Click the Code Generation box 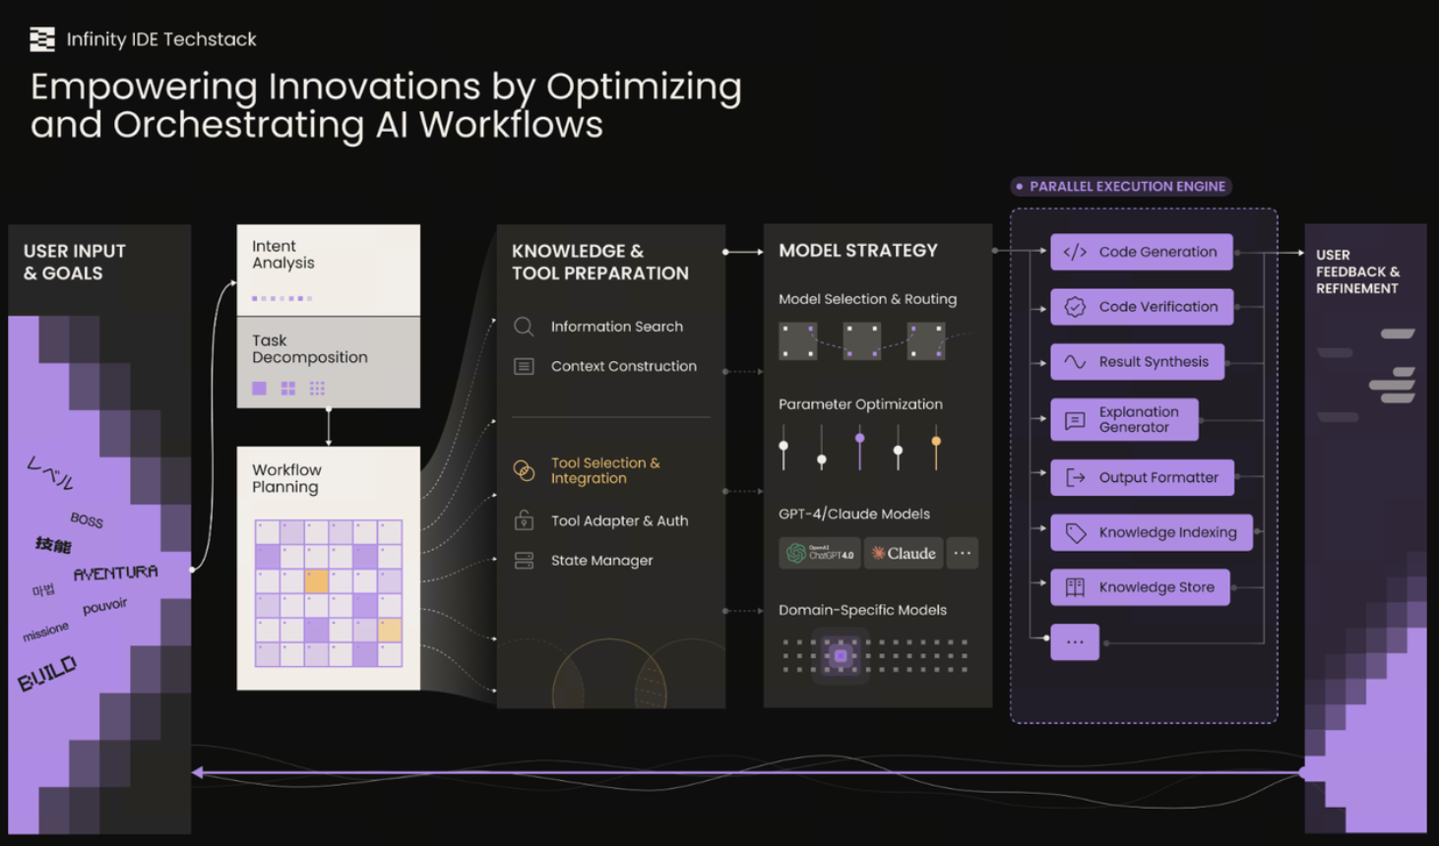tap(1142, 252)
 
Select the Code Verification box tap(1142, 307)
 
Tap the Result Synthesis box tap(1137, 361)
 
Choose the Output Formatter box tap(1142, 477)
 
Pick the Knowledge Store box tap(1141, 586)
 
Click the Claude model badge tap(904, 553)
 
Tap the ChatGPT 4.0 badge tap(820, 553)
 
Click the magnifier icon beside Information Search tap(524, 327)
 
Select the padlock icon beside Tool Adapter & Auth tap(524, 520)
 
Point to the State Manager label tap(602, 561)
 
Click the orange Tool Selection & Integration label tap(605, 470)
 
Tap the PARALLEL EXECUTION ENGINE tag tap(1121, 186)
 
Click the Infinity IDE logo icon tap(42, 39)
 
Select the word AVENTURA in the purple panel tap(115, 573)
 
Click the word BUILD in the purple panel tap(47, 673)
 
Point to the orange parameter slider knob tap(936, 441)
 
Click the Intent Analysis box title tap(283, 255)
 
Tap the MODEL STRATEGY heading tap(858, 250)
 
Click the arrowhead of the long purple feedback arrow tap(197, 772)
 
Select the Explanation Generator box tap(1125, 419)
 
